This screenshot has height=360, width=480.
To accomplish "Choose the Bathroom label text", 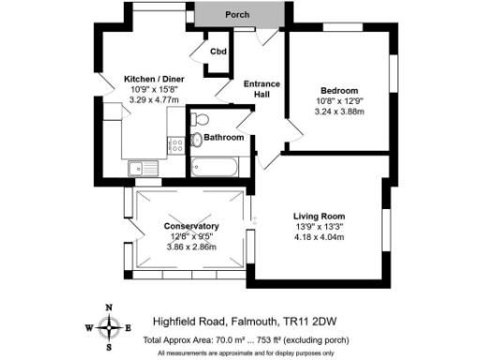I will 225,137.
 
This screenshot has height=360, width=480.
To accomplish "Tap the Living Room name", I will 321,217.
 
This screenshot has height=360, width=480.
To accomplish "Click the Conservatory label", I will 191,227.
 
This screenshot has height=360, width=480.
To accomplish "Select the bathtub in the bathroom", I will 214,167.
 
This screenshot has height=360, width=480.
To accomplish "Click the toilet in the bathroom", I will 197,140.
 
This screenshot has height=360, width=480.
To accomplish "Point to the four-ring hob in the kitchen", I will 175,145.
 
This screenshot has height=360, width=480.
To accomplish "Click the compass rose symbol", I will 111,327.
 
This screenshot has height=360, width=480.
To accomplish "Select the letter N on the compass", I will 111,307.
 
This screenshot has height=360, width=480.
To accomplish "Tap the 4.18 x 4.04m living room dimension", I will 321,237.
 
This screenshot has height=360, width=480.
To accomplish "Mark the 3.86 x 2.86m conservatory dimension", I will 191,247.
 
